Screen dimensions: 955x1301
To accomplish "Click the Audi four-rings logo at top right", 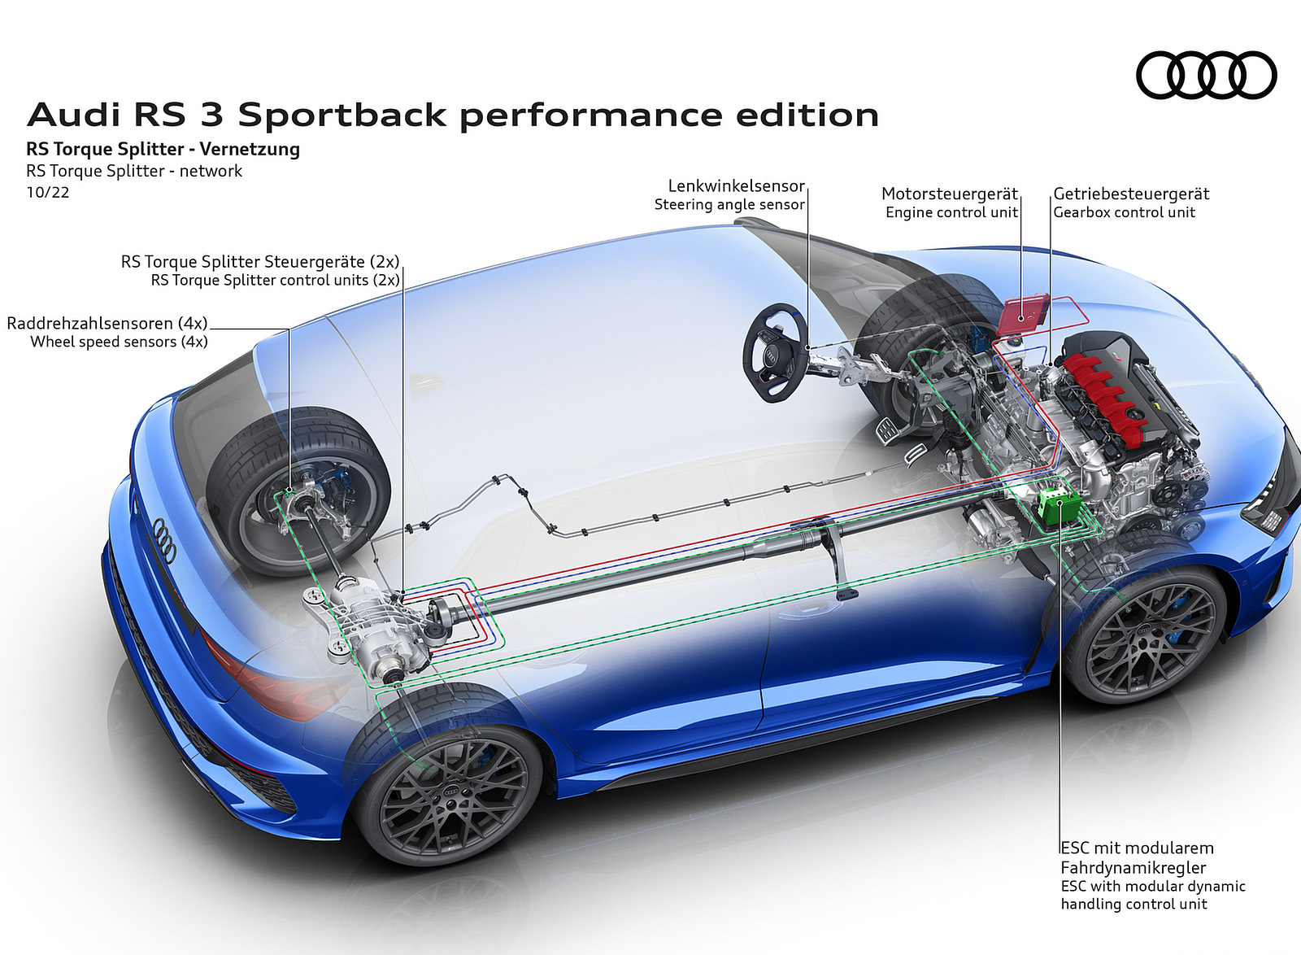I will point(1206,76).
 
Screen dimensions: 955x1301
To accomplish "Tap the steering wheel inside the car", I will point(775,353).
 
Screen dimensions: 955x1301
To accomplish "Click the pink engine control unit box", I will point(1025,314).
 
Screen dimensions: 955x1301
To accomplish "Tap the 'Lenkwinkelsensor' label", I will point(736,186).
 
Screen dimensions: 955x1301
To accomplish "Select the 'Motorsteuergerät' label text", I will point(950,194).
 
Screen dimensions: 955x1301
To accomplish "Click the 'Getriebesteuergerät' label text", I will point(1131,194).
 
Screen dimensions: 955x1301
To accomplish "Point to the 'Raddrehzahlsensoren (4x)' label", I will point(107,323).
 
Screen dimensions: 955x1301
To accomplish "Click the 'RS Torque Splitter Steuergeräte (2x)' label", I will point(260,262).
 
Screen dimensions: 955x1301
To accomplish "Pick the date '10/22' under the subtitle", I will point(48,193).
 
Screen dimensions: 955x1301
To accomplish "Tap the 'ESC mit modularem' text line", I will point(1137,848).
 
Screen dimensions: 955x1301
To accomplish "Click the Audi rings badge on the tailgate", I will point(164,539).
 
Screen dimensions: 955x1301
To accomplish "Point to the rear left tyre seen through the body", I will point(297,488).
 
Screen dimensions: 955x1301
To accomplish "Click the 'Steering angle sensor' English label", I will point(729,205).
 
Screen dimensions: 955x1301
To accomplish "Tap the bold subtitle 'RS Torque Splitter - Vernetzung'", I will point(163,150).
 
